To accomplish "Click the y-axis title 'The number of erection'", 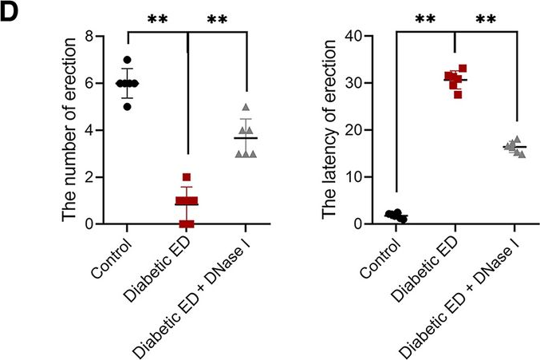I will pos(71,129).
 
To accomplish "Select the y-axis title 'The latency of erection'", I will pos(329,129).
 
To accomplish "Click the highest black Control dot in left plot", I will pos(127,60).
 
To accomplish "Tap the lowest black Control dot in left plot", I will pos(127,106).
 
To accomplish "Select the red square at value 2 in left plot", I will pos(187,177).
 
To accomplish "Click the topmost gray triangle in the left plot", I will pos(246,107).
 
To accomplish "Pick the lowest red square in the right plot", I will pos(458,94).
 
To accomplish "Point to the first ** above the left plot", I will pos(157,18).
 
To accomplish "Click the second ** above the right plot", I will pos(485,18).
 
